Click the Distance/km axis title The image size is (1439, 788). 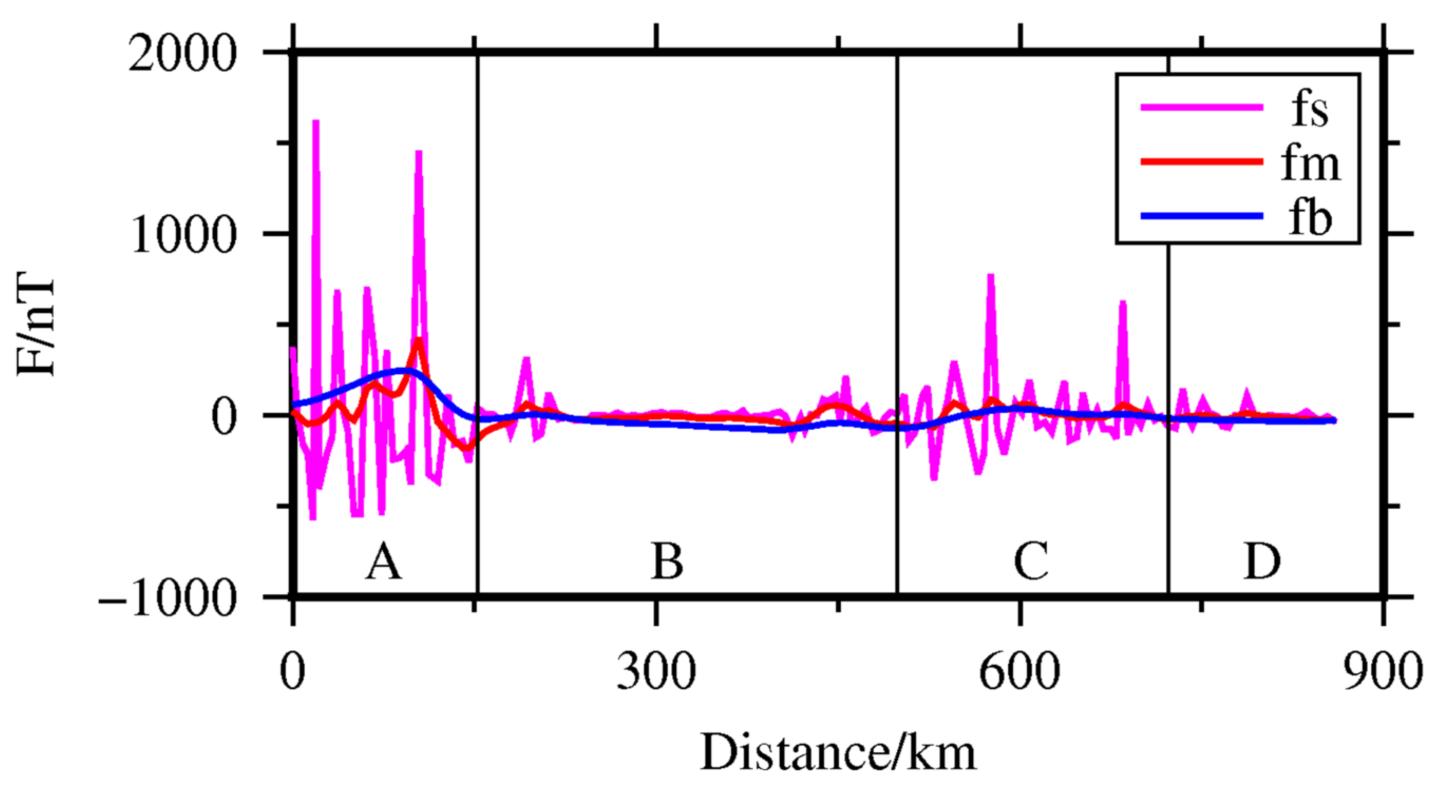coord(838,753)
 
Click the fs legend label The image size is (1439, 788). coord(1309,110)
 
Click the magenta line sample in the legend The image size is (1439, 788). coord(1201,107)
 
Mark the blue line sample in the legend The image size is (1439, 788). coord(1201,215)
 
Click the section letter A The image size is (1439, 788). coord(383,562)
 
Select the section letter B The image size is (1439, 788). coord(667,562)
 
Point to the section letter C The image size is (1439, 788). coord(1031,562)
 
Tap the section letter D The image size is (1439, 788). coord(1262,562)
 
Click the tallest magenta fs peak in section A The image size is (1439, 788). coord(316,122)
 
